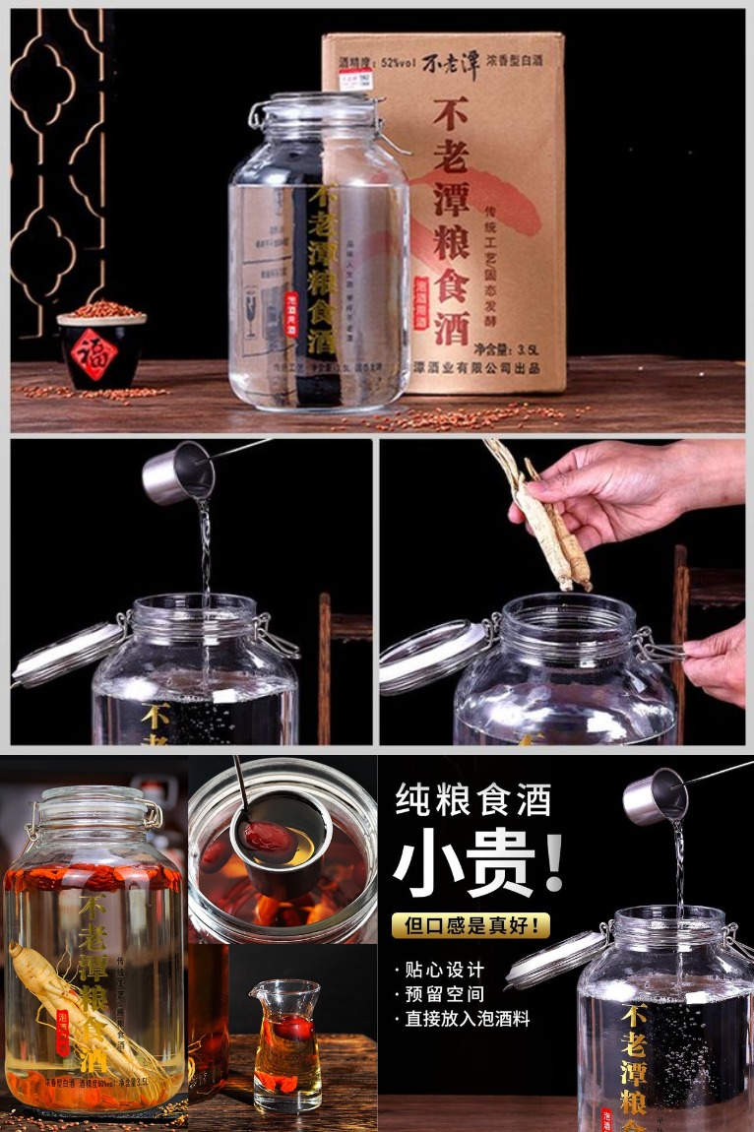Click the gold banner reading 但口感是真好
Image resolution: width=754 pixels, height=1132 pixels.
pyautogui.click(x=471, y=925)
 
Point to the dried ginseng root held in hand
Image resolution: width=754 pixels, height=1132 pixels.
pyautogui.click(x=543, y=517)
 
